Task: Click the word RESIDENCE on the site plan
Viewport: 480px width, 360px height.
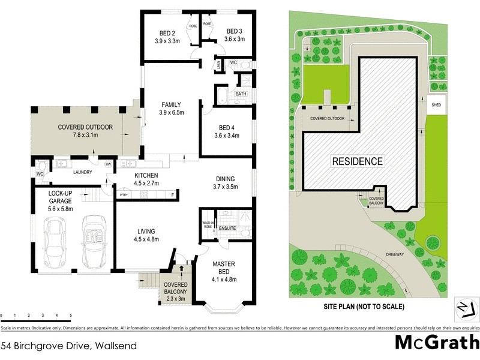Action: pyautogui.click(x=358, y=161)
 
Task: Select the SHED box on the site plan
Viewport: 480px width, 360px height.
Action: pyautogui.click(x=436, y=104)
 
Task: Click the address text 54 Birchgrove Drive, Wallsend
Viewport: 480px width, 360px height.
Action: pyautogui.click(x=69, y=346)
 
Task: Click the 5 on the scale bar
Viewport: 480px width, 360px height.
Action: pyautogui.click(x=71, y=316)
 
